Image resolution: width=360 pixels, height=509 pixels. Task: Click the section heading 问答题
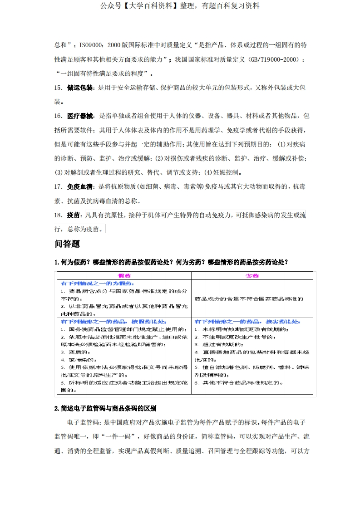tap(67, 244)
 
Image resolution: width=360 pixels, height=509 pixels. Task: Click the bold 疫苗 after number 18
tap(73, 215)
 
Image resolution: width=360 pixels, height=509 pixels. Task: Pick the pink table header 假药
tap(124, 276)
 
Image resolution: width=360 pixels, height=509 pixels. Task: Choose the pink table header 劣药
tap(252, 276)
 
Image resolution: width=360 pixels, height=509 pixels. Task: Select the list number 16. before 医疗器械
tap(59, 116)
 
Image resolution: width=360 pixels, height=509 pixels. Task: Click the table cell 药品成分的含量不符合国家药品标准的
tap(249, 299)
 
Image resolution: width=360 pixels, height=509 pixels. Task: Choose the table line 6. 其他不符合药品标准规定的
tap(238, 383)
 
